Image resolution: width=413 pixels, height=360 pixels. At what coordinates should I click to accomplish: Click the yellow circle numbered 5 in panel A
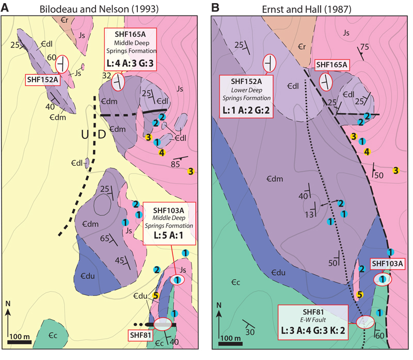[155, 296]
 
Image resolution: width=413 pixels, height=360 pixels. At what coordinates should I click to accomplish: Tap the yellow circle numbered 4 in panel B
[367, 151]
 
